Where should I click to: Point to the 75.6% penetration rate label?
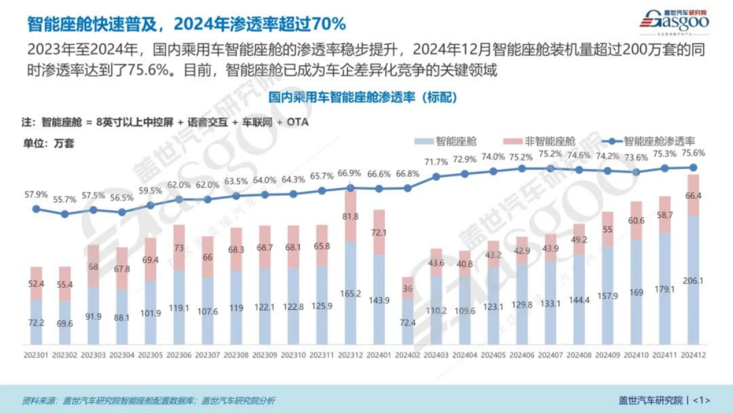pyautogui.click(x=693, y=153)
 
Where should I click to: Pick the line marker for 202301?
pyautogui.click(x=37, y=209)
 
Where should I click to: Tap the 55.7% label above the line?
pyautogui.click(x=64, y=200)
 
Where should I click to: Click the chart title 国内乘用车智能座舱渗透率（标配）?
pyautogui.click(x=363, y=97)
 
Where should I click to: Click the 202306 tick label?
pyautogui.click(x=179, y=354)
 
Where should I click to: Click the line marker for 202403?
pyautogui.click(x=436, y=177)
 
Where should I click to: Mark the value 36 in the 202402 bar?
pyautogui.click(x=408, y=288)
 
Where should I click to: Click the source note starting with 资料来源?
pyautogui.click(x=149, y=400)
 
